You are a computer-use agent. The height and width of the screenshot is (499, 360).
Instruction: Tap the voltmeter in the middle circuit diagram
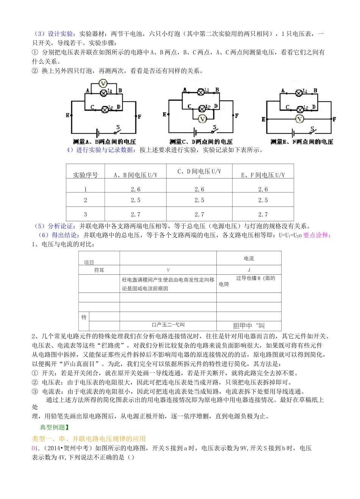coord(202,119)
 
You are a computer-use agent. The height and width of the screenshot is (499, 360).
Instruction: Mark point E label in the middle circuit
coord(164,114)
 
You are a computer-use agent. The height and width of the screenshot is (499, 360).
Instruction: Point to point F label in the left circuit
coord(139,116)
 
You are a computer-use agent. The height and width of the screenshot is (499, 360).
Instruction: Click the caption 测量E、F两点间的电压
coord(302,142)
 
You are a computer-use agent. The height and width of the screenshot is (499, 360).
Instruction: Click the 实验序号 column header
coord(85,175)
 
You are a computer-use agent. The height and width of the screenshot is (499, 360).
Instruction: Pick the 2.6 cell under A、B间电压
coord(135,189)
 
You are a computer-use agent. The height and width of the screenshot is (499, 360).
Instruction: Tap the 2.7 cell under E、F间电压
coord(263,214)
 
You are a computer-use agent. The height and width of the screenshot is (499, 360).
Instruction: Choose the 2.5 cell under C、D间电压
coord(199,200)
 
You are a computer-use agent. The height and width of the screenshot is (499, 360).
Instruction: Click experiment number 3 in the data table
coord(85,214)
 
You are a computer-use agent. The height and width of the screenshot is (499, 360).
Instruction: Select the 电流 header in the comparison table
coord(249,258)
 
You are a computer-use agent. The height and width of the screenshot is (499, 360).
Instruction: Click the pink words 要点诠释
coord(317,235)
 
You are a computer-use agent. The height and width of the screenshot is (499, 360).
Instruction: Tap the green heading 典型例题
coord(55,427)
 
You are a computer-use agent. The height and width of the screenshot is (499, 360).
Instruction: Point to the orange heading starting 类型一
coord(89,438)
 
